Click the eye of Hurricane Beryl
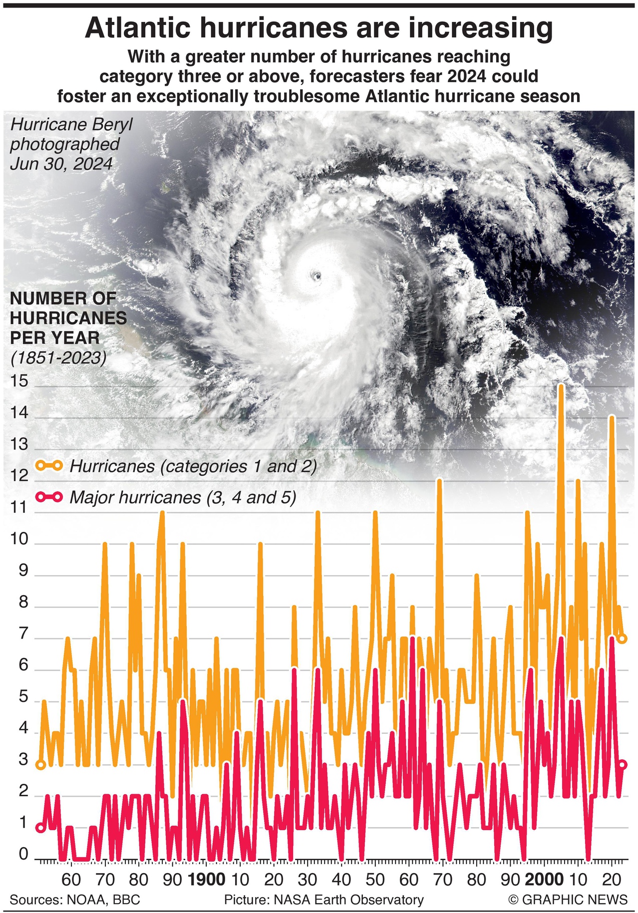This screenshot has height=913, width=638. coord(316,275)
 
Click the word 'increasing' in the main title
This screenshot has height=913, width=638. coord(480,28)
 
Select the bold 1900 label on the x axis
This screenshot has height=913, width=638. coord(207,879)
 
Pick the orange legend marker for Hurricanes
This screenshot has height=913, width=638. coord(49,466)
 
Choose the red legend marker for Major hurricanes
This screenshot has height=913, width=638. coord(49,497)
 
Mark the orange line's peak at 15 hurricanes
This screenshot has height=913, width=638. coord(561,387)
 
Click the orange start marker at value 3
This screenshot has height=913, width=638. coord(41,765)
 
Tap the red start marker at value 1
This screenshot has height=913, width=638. coord(41,828)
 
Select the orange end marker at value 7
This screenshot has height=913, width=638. coord(622,639)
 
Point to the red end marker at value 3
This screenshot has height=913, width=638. coord(623,765)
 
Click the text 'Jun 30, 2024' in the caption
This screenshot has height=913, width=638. coord(61,164)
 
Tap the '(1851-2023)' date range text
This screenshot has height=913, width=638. coord(58,358)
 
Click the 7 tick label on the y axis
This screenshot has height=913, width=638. coord(23,635)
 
